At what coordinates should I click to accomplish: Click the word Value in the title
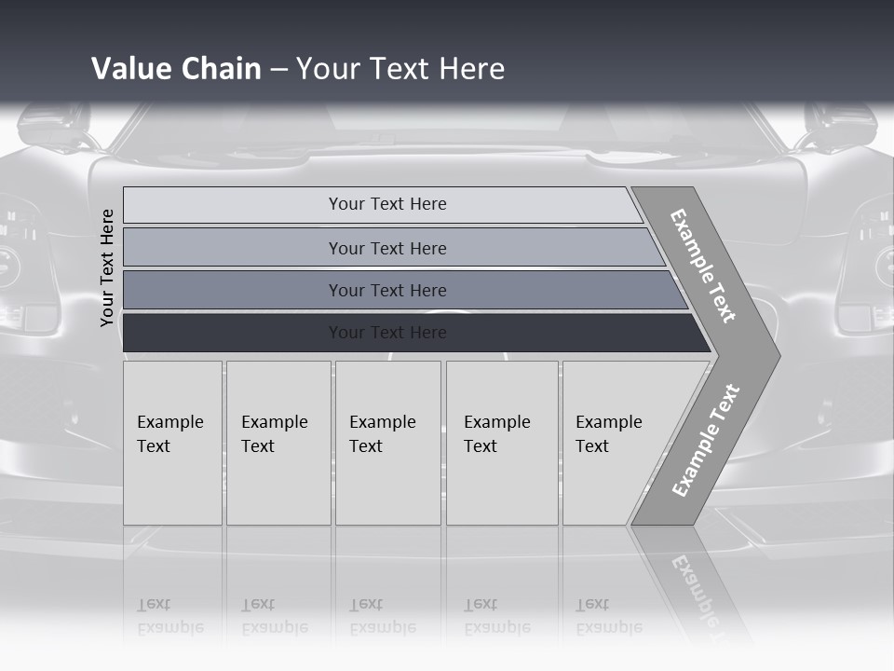coord(129,69)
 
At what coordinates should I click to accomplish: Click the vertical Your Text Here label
coord(107,267)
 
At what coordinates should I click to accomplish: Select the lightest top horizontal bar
coord(386,204)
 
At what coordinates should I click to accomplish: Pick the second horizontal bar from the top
coord(386,248)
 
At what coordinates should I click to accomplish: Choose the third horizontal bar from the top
coord(386,290)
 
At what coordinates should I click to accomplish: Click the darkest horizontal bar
coord(386,333)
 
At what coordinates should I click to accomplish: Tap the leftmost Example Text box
coord(172,443)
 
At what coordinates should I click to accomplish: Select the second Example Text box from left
coord(278,443)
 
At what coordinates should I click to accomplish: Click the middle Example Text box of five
coord(387,443)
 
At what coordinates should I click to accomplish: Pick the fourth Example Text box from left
coord(501,443)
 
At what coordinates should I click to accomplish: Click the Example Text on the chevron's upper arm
coord(703,266)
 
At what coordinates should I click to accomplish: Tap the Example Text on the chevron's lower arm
coord(705,441)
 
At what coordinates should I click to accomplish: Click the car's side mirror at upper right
coord(838,126)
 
